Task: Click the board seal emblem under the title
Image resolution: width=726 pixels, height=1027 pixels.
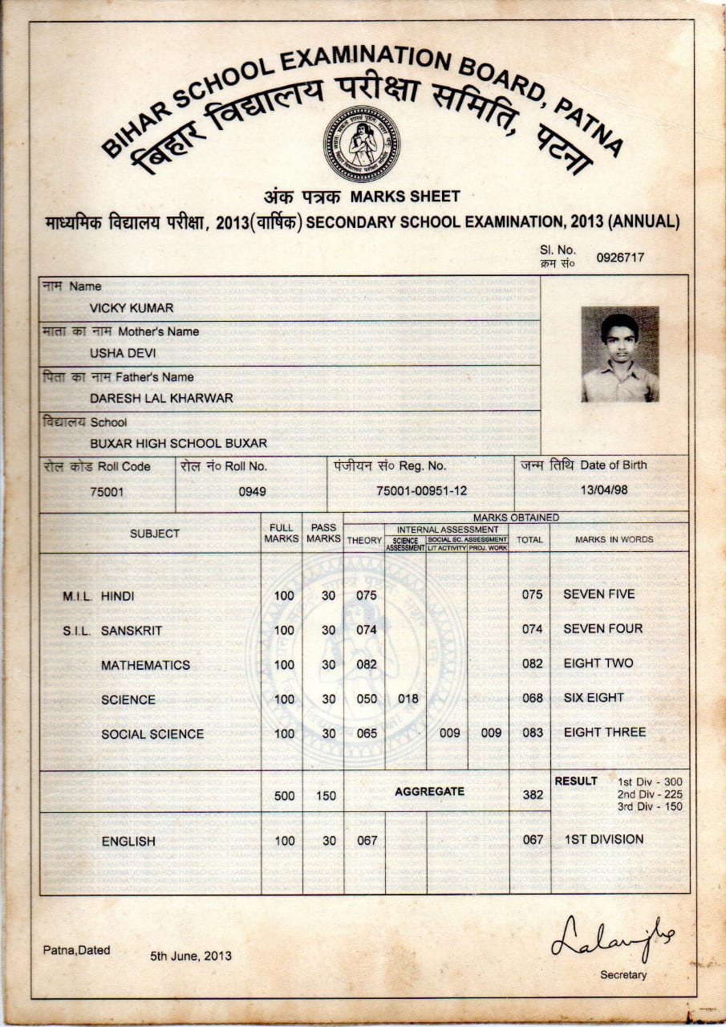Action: click(x=362, y=144)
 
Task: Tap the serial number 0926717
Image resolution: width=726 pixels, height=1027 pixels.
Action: click(x=619, y=258)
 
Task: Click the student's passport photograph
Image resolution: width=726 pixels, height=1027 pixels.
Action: click(x=620, y=354)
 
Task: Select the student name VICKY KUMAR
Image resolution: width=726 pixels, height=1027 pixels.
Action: click(x=132, y=308)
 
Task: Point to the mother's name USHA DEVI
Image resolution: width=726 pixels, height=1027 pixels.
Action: click(x=123, y=352)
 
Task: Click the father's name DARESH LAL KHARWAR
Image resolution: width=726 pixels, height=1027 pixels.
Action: click(x=161, y=398)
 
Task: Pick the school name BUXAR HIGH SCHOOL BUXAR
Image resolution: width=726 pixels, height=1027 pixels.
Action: click(x=178, y=443)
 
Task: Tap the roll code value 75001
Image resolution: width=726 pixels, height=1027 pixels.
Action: click(x=107, y=492)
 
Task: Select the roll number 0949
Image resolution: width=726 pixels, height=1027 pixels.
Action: click(x=252, y=492)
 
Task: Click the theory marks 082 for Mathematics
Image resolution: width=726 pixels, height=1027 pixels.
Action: click(x=366, y=664)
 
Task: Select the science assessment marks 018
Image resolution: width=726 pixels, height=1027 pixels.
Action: click(x=408, y=699)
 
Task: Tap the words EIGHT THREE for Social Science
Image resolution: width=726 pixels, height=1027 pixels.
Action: click(x=604, y=732)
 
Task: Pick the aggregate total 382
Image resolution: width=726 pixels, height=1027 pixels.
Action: click(x=533, y=794)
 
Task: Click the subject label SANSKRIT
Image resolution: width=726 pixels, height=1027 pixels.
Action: click(x=132, y=631)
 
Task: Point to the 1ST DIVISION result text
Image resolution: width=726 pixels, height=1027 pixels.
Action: click(x=603, y=839)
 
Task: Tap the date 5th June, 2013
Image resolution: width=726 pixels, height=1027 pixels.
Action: click(x=190, y=956)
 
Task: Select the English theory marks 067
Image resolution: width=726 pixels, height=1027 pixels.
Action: click(x=366, y=840)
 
